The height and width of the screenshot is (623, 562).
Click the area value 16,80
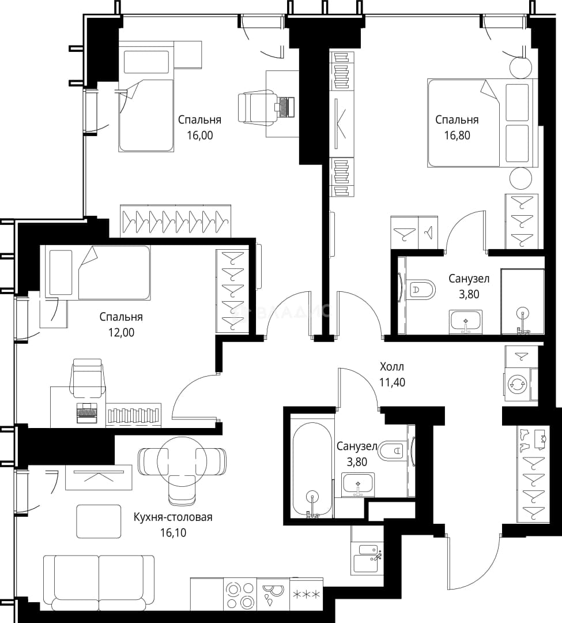pos(457,136)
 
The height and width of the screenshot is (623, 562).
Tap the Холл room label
pos(392,366)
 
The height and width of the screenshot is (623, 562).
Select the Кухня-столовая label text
pos(173,517)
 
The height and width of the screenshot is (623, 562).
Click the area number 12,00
pos(122,333)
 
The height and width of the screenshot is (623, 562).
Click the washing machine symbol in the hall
pos(518,384)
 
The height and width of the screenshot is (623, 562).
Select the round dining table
pos(182,461)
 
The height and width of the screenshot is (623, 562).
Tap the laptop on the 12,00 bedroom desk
pos(86,413)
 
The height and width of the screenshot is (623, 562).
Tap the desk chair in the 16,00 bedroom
pos(252,107)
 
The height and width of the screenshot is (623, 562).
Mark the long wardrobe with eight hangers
pos(175,221)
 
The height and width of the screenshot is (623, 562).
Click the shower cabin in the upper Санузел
pos(522,302)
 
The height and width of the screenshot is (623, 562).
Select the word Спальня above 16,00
pos(199,119)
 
